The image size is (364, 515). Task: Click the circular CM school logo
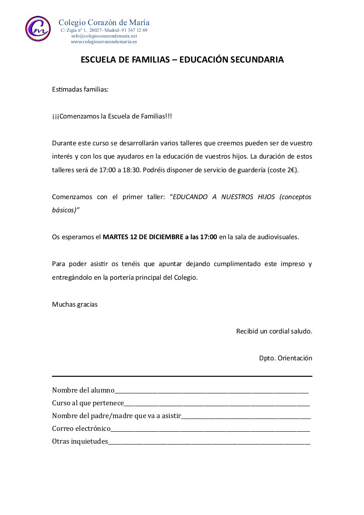pyautogui.click(x=38, y=28)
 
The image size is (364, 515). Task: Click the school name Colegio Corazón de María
pyautogui.click(x=104, y=22)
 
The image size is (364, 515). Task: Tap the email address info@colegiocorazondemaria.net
pyautogui.click(x=104, y=36)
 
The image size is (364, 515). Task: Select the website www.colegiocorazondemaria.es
pyautogui.click(x=104, y=41)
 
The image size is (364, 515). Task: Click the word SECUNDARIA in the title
pyautogui.click(x=257, y=60)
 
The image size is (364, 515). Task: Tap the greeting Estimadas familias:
pyautogui.click(x=80, y=89)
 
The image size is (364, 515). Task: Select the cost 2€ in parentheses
pyautogui.click(x=291, y=170)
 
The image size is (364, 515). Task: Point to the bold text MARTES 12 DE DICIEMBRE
pyautogui.click(x=139, y=237)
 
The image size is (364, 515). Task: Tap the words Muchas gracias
pyautogui.click(x=75, y=304)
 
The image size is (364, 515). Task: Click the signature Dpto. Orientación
pyautogui.click(x=286, y=358)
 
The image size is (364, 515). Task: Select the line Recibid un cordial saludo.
pyautogui.click(x=274, y=331)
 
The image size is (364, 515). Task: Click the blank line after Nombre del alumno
pyautogui.click(x=212, y=391)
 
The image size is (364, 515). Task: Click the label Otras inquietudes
pyautogui.click(x=80, y=441)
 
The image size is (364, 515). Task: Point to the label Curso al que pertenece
pyautogui.click(x=88, y=403)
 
